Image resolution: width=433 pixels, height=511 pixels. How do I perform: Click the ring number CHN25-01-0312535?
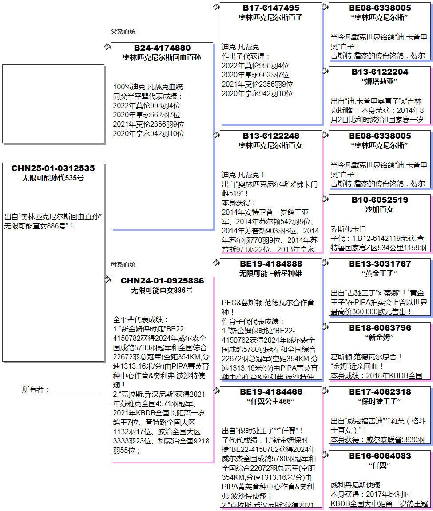click(x=53, y=168)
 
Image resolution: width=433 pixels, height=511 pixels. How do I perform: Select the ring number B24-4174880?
click(x=162, y=48)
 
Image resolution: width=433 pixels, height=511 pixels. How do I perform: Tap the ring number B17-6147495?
click(x=271, y=8)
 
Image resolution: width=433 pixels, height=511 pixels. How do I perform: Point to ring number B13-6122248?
click(x=271, y=136)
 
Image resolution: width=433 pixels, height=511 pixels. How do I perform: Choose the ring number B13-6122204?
click(x=380, y=72)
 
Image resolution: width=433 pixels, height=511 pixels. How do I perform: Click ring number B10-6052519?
click(x=380, y=200)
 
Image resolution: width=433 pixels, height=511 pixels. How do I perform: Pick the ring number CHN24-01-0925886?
click(x=162, y=281)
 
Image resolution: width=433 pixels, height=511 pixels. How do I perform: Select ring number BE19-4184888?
click(x=271, y=264)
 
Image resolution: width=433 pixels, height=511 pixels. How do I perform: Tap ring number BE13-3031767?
click(x=380, y=264)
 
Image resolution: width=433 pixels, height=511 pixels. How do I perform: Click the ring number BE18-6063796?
click(x=380, y=328)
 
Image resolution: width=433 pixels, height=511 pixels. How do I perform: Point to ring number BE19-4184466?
click(x=271, y=392)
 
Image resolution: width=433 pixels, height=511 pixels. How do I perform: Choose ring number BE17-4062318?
click(x=380, y=392)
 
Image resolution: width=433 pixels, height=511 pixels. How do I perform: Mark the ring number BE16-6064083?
click(x=380, y=456)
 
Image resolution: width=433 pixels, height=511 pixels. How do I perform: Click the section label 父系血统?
click(x=123, y=32)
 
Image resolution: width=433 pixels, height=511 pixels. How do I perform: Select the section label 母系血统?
click(x=123, y=264)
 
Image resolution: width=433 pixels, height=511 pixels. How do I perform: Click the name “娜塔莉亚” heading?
click(x=380, y=81)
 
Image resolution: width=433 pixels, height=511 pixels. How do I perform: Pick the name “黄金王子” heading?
click(x=380, y=273)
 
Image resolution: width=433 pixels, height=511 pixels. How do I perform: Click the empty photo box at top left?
click(x=53, y=104)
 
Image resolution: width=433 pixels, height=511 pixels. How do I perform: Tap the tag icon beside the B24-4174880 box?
click(x=107, y=46)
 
